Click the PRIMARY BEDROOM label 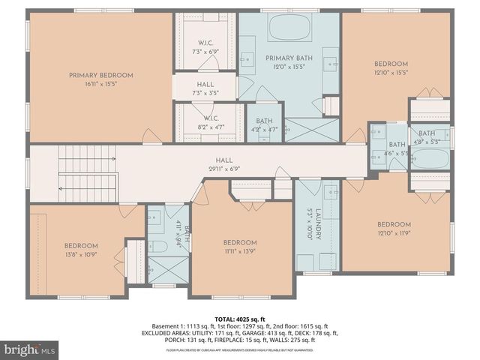pyautogui.click(x=100, y=75)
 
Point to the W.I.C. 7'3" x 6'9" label pyautogui.click(x=206, y=46)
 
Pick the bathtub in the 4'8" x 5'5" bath pyautogui.click(x=431, y=160)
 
